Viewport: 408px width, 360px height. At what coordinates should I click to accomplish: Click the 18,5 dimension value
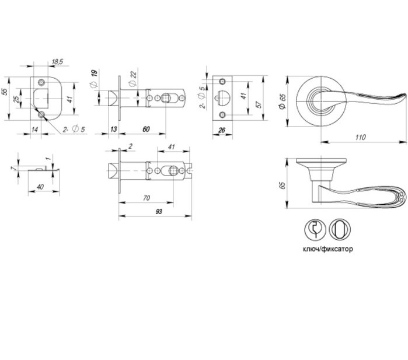tap(57, 62)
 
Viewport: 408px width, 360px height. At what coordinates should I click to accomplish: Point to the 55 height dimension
tap(5, 92)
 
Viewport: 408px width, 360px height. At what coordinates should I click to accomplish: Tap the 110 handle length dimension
tap(360, 137)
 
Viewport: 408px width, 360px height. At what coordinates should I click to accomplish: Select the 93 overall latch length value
tap(158, 212)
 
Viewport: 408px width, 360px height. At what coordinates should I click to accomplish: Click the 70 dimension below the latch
tap(147, 198)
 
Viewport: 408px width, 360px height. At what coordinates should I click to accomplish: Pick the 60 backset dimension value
tap(147, 130)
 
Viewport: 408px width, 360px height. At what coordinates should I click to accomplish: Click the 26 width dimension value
tap(222, 130)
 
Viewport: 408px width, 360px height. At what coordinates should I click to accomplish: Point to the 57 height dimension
tap(259, 104)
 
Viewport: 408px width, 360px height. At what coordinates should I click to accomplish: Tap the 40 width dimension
tap(40, 187)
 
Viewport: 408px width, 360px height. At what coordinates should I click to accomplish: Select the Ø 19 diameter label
tap(94, 79)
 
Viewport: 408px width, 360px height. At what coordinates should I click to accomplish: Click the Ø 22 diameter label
tap(132, 79)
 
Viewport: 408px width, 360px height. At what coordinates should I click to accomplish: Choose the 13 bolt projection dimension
tap(114, 130)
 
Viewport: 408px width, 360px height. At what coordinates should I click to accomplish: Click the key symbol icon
tap(315, 229)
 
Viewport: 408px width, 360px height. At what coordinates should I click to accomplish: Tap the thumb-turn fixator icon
tap(340, 229)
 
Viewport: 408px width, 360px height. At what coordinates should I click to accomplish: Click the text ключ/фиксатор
tap(328, 249)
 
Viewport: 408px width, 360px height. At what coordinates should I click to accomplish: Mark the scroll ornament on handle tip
tap(401, 197)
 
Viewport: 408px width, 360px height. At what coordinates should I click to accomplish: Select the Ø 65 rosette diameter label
tap(283, 101)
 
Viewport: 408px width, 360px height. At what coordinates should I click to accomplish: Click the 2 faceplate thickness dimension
tap(130, 146)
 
